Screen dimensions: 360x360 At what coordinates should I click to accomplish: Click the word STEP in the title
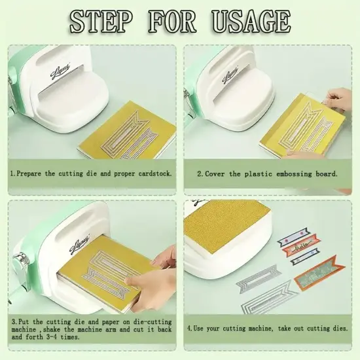pos(101,22)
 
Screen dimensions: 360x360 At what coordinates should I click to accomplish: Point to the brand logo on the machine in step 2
pos(230,73)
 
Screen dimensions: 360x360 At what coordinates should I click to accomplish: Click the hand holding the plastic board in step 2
pos(339,99)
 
